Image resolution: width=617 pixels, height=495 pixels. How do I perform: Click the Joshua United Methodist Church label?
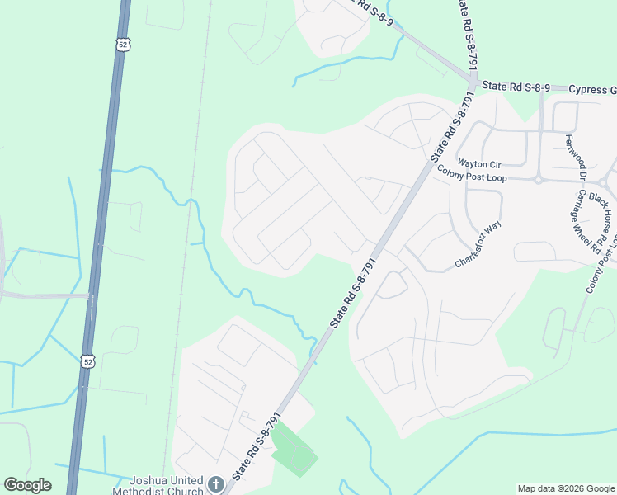tap(167, 485)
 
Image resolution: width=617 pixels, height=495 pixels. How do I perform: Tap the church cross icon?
tap(216, 484)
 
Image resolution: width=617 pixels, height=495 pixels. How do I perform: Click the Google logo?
tap(27, 485)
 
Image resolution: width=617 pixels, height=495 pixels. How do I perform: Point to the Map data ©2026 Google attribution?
tap(565, 488)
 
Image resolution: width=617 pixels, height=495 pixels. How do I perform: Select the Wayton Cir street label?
tap(479, 163)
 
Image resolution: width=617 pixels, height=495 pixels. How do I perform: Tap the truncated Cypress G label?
tap(592, 90)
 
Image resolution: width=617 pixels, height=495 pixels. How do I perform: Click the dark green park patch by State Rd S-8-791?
tap(294, 449)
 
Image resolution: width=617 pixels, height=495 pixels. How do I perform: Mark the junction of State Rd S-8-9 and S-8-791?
tap(473, 84)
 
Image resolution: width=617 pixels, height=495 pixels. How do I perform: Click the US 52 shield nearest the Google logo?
tap(87, 361)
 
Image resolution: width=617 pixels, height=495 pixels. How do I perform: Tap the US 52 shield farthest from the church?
tap(122, 45)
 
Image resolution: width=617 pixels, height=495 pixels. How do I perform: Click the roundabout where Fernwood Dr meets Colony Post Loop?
tap(539, 178)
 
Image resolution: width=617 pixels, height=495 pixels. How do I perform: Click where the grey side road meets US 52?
tap(90, 295)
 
